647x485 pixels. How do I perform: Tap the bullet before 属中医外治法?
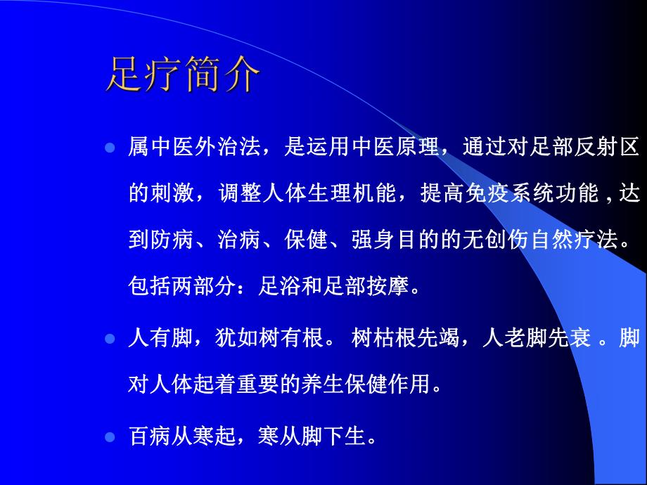click(x=109, y=148)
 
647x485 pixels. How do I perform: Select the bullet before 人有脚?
click(x=109, y=339)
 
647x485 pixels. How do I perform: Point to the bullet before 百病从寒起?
click(x=109, y=437)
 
